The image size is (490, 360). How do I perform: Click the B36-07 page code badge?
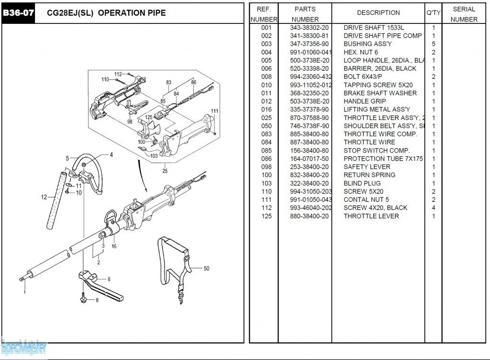(19, 13)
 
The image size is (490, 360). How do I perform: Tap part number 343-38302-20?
(309, 28)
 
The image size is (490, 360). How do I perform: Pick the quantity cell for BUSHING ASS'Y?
(434, 44)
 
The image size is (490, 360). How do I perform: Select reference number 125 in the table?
(267, 216)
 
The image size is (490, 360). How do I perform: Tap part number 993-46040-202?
(311, 208)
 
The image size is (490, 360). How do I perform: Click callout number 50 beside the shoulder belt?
(206, 269)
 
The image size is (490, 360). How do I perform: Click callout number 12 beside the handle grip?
(44, 197)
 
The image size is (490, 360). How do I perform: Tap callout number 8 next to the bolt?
(97, 300)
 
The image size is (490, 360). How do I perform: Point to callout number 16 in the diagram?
(114, 247)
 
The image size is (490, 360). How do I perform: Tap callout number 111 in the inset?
(214, 111)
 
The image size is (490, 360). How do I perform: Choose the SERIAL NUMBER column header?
(464, 14)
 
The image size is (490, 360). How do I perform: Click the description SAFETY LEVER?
(367, 167)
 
